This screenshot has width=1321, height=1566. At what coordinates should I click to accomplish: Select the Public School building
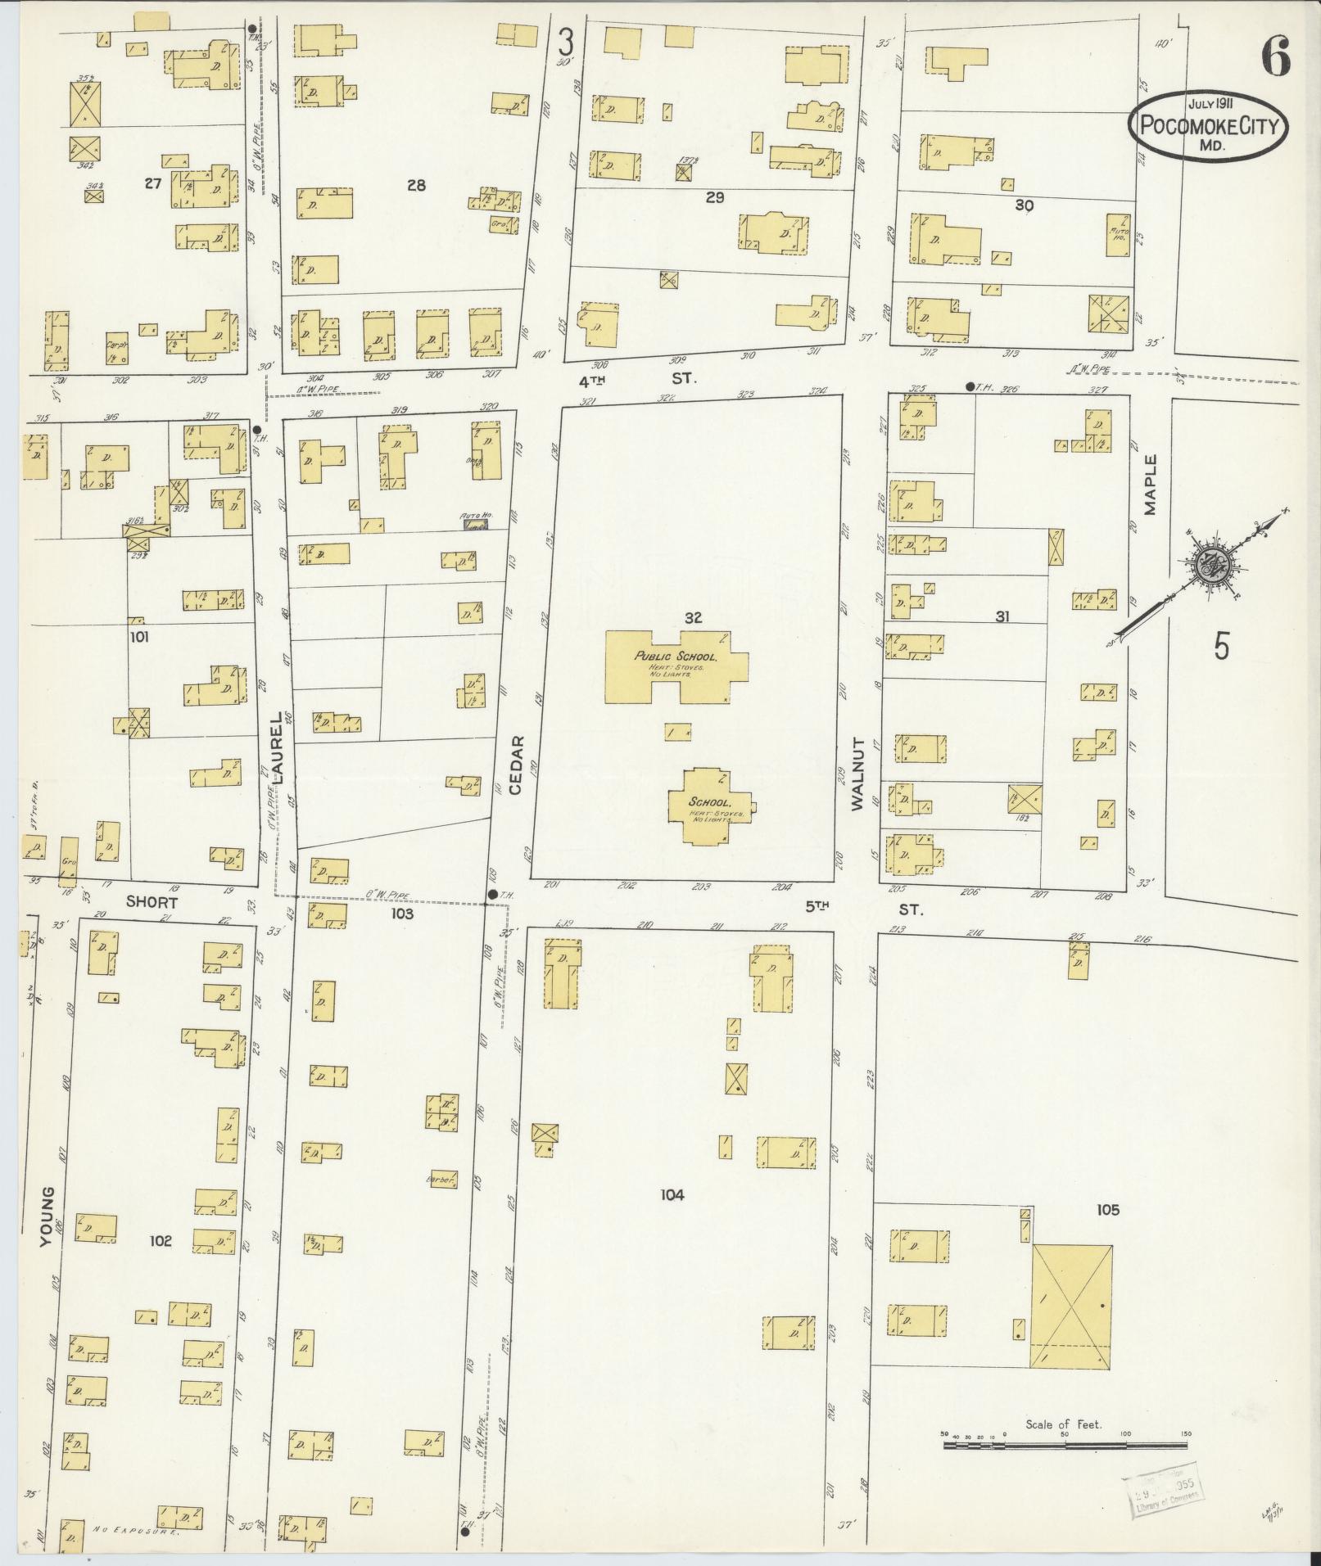(x=676, y=666)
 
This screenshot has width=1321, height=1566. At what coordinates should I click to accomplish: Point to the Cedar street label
(x=515, y=764)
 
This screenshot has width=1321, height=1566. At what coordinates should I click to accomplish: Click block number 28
(x=416, y=186)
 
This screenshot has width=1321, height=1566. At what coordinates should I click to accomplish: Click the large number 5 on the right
(x=1221, y=647)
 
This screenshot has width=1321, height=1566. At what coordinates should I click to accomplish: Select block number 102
(x=161, y=1241)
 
